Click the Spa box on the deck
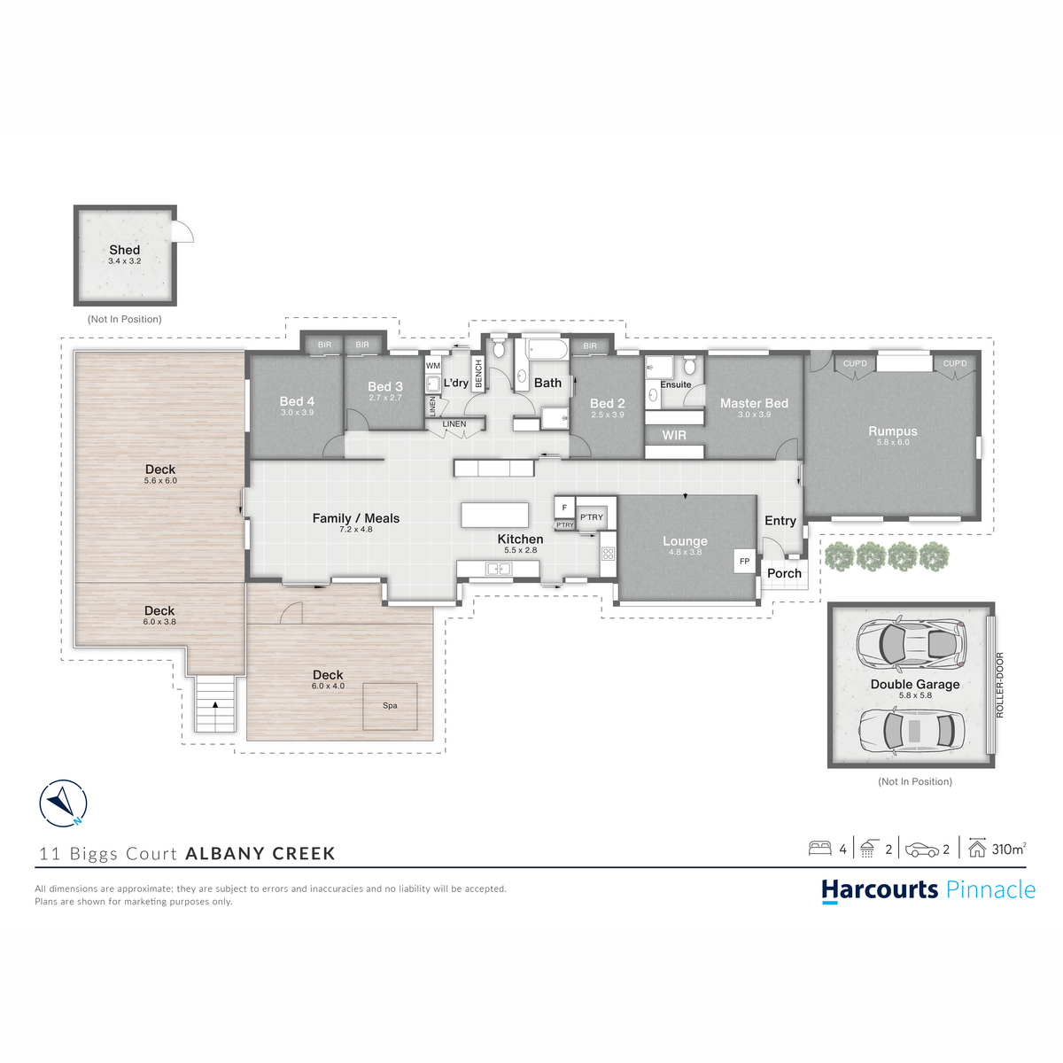[x=390, y=706]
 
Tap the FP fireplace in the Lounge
[x=744, y=561]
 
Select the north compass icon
[x=63, y=803]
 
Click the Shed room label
[x=125, y=249]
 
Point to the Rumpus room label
[x=893, y=431]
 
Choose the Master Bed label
[x=754, y=403]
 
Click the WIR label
[x=674, y=435]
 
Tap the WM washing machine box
[x=433, y=366]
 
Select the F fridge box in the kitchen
[x=564, y=508]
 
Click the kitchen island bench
[x=495, y=515]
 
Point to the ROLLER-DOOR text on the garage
[x=1000, y=685]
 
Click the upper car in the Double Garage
[x=912, y=642]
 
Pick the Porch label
[x=784, y=573]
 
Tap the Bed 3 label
[x=385, y=386]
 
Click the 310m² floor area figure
[x=1009, y=849]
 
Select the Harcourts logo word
[x=880, y=889]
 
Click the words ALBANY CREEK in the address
[x=260, y=853]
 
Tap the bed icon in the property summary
[x=819, y=848]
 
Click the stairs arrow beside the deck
[x=215, y=704]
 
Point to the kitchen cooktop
[x=608, y=554]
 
